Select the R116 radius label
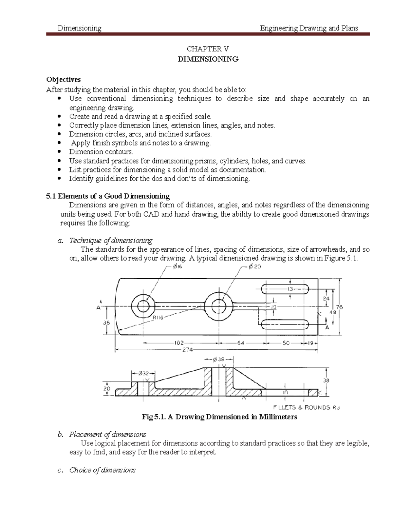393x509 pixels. (158, 317)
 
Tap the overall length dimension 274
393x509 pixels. (187, 350)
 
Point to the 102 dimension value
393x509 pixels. (178, 343)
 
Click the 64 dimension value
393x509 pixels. (241, 343)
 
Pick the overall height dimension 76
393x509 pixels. (339, 307)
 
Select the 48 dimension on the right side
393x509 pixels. (333, 312)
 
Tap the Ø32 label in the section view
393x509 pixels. (143, 373)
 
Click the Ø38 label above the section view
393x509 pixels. (218, 359)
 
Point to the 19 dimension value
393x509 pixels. (310, 343)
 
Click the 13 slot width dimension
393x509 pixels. (290, 289)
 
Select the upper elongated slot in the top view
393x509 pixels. (285, 289)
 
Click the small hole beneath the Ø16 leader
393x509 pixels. (143, 306)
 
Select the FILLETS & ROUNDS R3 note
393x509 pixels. (306, 407)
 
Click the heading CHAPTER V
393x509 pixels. (208, 49)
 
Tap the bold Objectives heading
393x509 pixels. (64, 80)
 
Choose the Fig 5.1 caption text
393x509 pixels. (219, 417)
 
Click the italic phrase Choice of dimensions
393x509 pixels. (102, 470)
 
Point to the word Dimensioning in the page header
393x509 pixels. (79, 28)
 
